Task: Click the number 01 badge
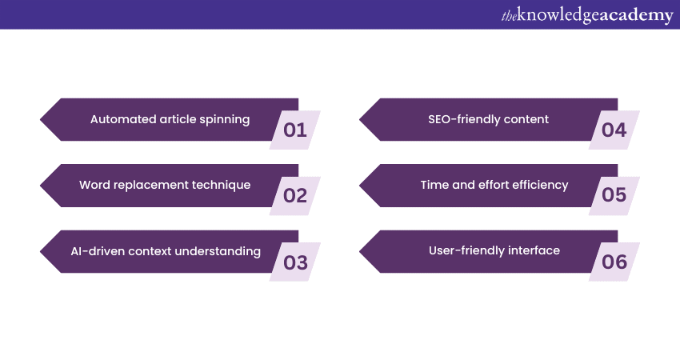coord(295,130)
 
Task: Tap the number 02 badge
coord(295,196)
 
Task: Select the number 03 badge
coord(295,262)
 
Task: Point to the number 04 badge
coord(614,130)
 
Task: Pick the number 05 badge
coord(614,196)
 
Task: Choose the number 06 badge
coord(614,262)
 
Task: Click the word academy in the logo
coord(636,15)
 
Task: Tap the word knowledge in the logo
coord(558,15)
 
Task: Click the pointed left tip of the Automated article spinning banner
coord(40,120)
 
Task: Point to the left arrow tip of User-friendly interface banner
coord(359,251)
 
